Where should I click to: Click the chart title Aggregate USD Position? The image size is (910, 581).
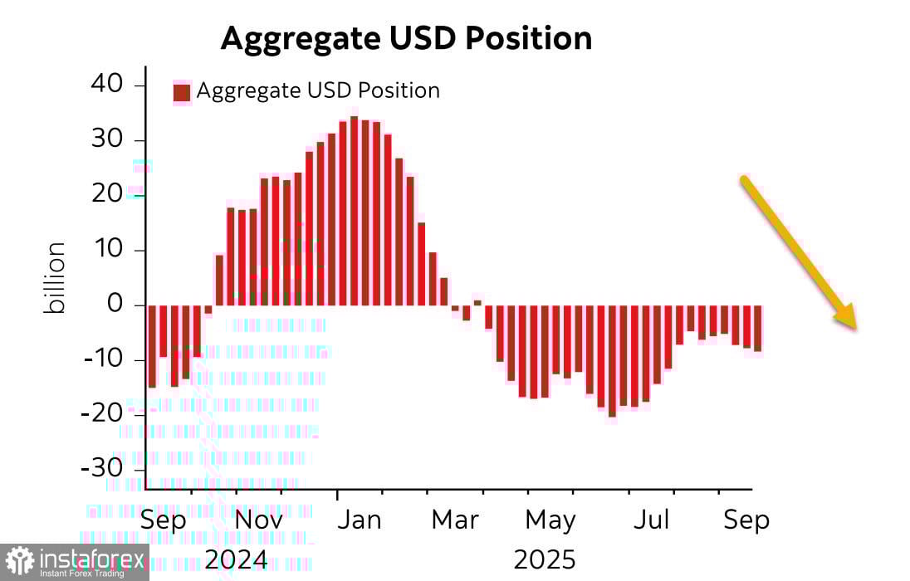pos(406,39)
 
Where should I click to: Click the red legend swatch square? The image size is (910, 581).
pos(181,91)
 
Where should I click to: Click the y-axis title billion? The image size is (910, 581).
pos(56,278)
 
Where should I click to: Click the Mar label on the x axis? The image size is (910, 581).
pos(456,520)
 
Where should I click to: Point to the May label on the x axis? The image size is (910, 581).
pos(550,520)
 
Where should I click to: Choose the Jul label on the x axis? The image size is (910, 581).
pos(652,520)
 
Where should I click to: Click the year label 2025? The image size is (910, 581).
pos(544,559)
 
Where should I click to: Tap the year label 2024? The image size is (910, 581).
pos(236,559)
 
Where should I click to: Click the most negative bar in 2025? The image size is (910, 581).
pos(612,360)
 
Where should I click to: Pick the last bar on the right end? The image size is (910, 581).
pos(757,328)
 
